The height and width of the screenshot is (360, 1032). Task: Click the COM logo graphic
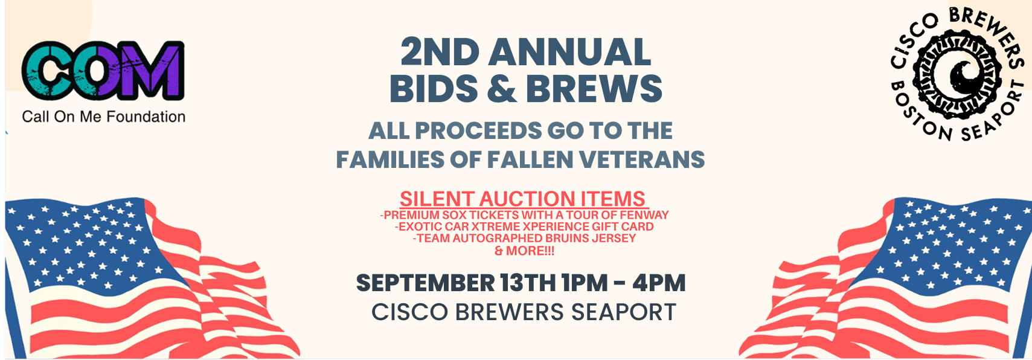(103, 71)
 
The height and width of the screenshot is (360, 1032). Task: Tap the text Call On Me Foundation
(104, 117)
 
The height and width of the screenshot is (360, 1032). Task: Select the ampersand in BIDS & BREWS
(502, 88)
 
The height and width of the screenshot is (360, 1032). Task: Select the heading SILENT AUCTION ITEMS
(522, 199)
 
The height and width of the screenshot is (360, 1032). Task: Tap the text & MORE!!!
(524, 251)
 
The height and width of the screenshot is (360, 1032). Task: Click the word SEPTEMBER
(425, 283)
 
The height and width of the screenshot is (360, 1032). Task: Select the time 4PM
(659, 283)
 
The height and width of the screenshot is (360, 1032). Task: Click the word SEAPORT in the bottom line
(623, 312)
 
